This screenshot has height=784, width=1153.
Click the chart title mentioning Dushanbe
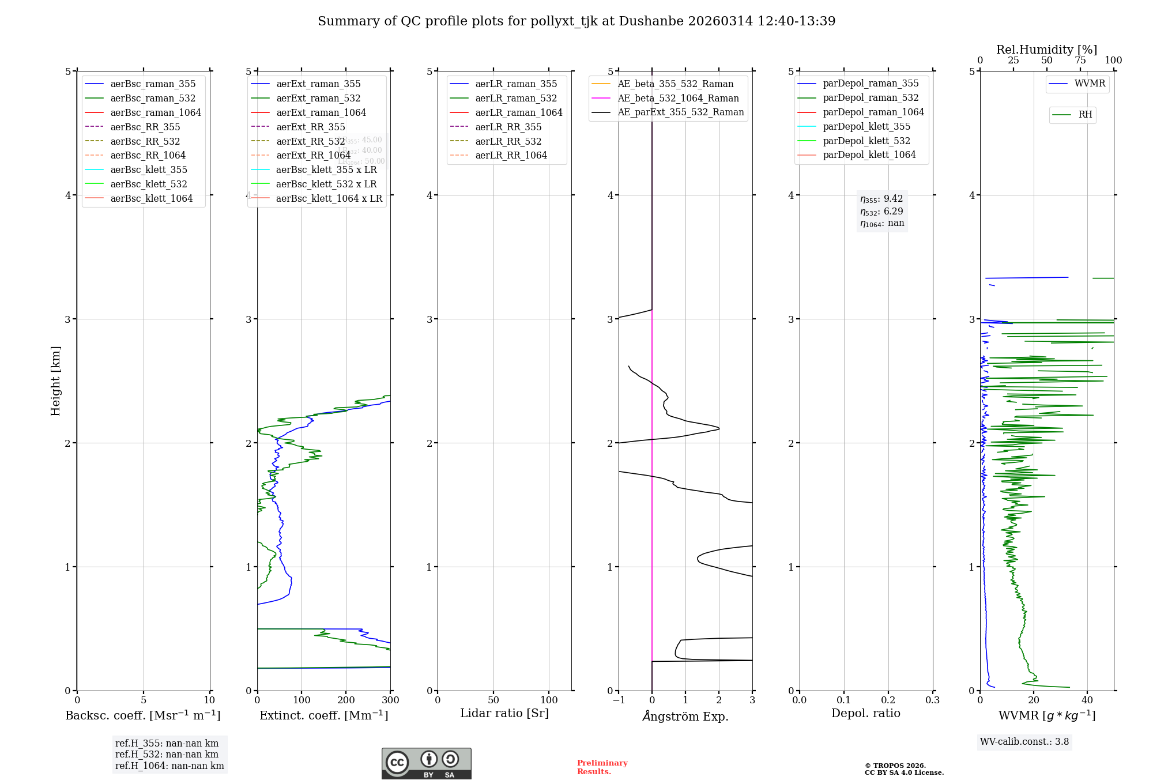coord(576,21)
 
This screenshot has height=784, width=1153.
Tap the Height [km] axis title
coord(55,381)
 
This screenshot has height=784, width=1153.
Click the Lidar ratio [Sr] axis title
coord(504,714)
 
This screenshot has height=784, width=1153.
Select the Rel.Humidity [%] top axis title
coord(1046,50)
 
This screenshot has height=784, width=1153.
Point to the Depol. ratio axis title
coord(865,714)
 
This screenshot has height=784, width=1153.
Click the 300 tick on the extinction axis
coord(390,700)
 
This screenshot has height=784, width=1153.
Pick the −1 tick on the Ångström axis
coord(619,700)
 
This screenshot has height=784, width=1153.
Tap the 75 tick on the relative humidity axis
coord(1080,61)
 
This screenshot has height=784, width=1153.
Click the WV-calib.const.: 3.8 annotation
coord(1024,742)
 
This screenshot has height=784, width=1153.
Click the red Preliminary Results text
coord(602,767)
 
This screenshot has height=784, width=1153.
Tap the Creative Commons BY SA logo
coord(426,764)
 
